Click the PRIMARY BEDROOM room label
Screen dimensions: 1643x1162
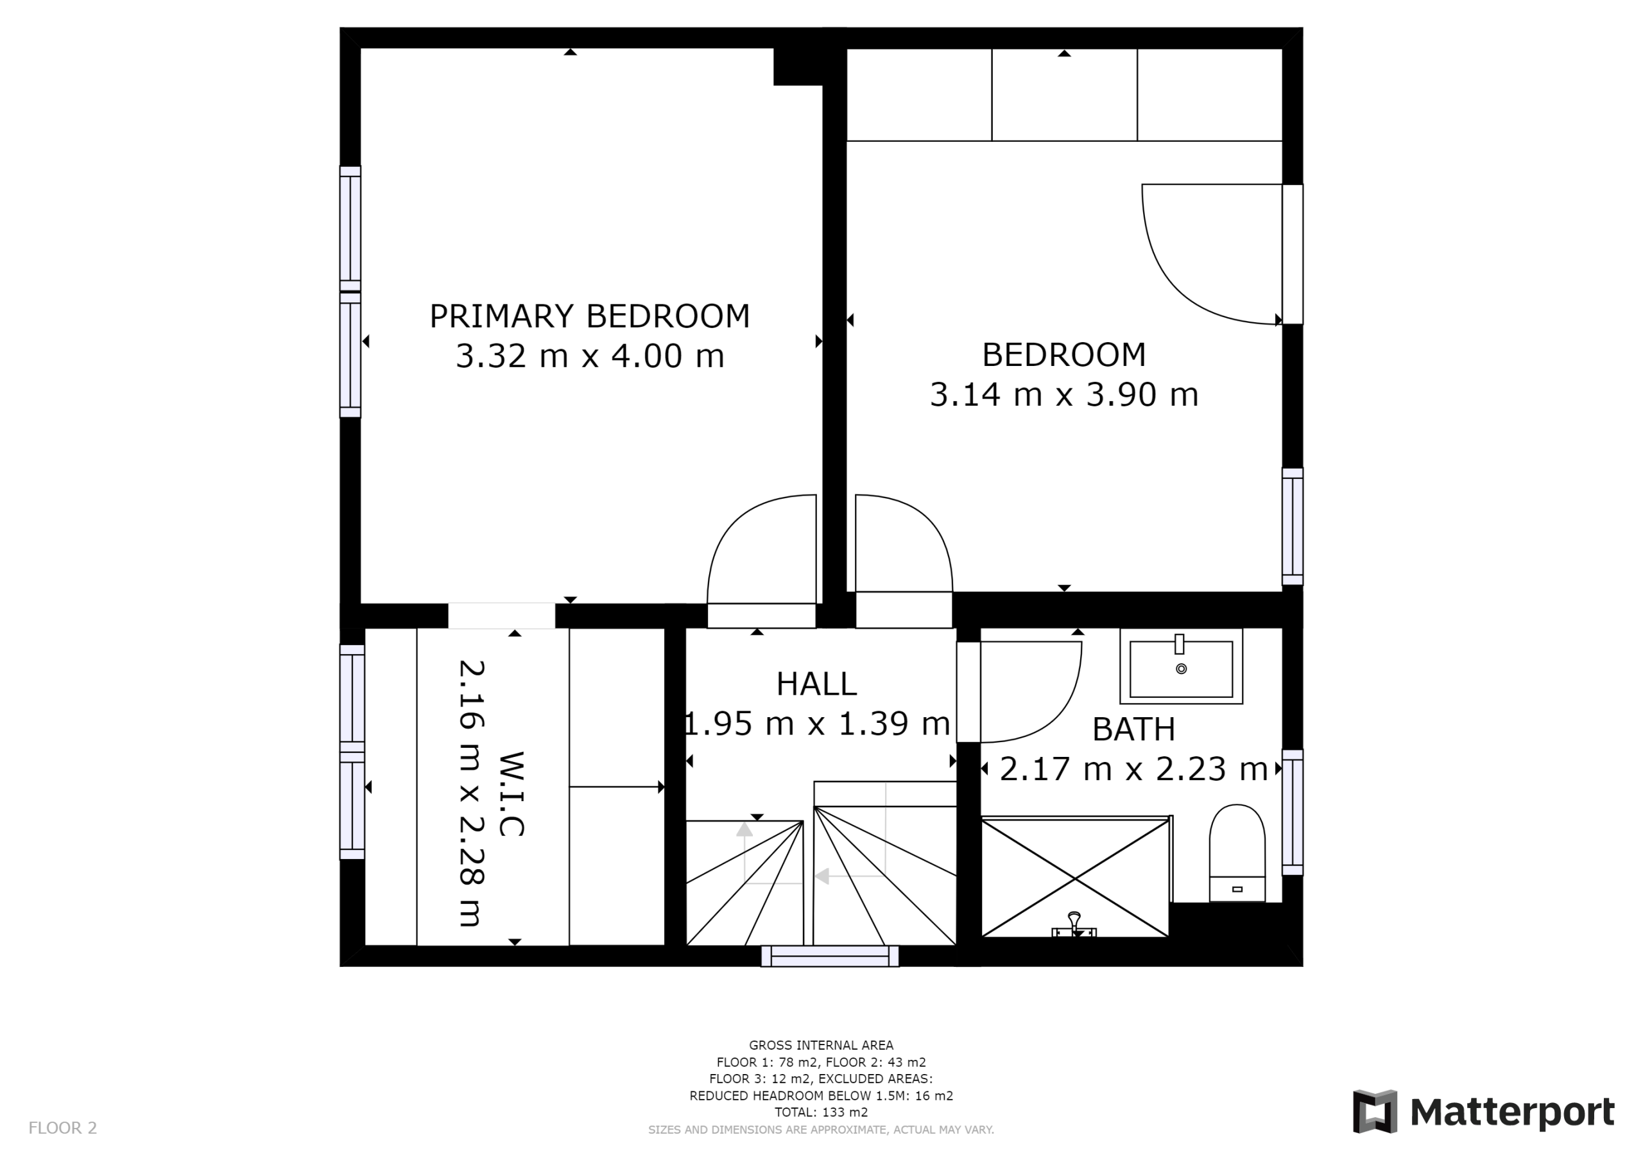tap(590, 317)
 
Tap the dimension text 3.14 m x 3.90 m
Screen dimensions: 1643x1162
tap(1064, 394)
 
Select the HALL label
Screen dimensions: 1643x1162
tap(816, 684)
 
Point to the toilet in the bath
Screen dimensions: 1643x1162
tap(1237, 853)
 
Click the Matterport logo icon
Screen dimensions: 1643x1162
tap(1375, 1112)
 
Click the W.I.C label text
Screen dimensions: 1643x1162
tap(511, 794)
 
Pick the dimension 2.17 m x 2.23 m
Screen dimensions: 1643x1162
tap(1133, 769)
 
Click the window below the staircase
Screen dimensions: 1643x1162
tap(830, 956)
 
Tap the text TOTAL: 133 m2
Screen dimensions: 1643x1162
tap(821, 1113)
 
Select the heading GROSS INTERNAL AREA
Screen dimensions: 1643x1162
tap(821, 1045)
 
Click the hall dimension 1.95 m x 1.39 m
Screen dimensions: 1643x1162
tap(816, 724)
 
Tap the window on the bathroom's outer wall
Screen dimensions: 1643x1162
tap(1293, 812)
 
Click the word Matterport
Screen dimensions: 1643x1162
tap(1512, 1113)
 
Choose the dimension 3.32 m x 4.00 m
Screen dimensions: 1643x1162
tap(590, 356)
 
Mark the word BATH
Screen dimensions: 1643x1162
tap(1133, 729)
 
